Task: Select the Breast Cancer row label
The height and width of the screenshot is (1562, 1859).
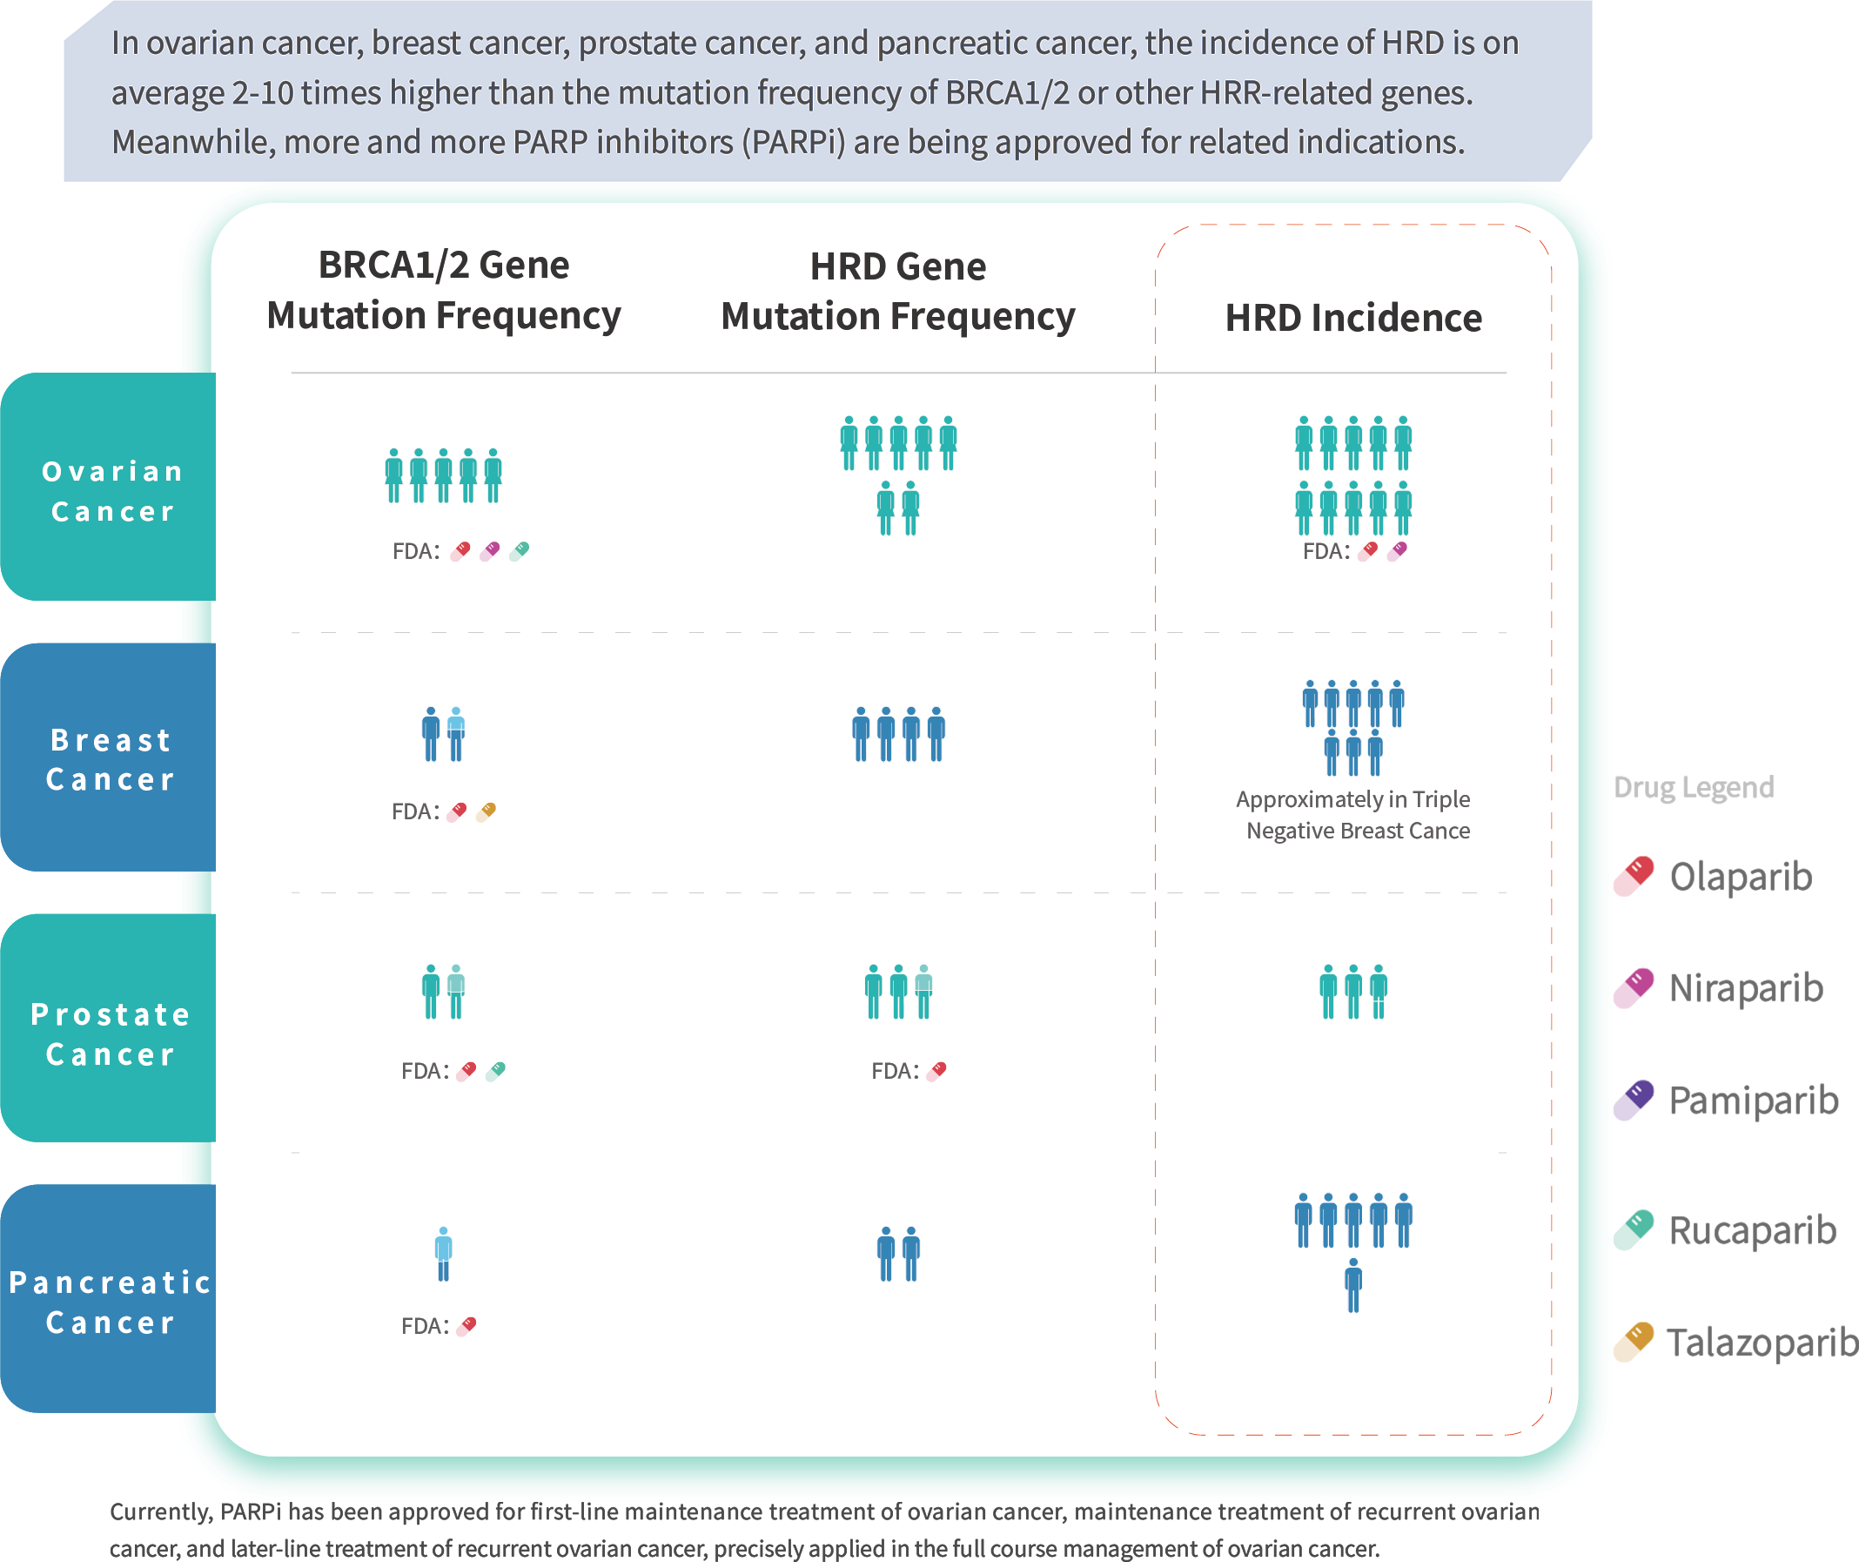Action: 111,760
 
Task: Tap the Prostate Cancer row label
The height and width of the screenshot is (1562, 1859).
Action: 111,1034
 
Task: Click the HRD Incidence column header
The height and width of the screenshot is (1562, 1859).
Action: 1352,318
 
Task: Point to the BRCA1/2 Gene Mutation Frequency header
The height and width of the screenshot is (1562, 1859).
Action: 444,291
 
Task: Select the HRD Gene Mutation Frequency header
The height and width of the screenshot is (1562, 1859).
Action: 897,292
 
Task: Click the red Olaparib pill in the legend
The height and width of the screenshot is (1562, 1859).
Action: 1634,876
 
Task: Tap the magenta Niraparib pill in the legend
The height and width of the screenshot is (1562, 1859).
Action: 1634,988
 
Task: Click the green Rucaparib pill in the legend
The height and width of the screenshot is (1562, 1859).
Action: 1634,1230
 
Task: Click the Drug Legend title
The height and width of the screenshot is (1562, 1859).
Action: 1694,787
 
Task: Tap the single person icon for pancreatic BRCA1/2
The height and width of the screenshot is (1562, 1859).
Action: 444,1254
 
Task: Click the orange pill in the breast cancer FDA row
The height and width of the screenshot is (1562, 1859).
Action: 486,812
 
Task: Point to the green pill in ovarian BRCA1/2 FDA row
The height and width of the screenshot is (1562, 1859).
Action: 520,552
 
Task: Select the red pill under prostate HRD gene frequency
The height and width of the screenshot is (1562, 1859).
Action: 936,1072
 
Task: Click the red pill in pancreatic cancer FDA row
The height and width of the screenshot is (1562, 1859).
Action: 466,1326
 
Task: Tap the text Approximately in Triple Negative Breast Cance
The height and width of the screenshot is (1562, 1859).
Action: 1354,816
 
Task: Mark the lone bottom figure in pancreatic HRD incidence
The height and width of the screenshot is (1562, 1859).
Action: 1352,1286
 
